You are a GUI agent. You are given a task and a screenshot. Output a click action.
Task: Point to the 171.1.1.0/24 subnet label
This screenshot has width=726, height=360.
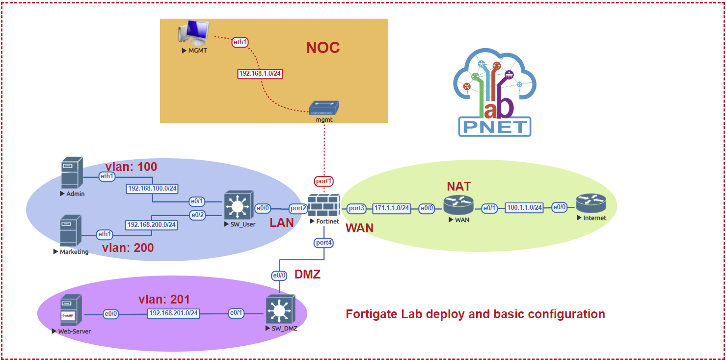point(392,208)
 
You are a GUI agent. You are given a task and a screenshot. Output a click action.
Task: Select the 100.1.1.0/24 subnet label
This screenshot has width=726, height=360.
point(525,208)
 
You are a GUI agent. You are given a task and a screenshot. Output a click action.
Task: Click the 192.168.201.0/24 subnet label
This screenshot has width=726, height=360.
point(174,313)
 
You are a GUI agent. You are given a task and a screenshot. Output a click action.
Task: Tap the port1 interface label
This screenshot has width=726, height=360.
point(324,181)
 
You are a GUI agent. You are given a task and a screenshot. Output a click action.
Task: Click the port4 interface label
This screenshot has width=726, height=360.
point(324,243)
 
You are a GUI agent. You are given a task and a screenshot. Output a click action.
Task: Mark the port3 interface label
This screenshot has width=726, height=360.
point(357,208)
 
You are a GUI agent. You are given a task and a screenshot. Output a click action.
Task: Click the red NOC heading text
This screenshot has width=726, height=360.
point(323,48)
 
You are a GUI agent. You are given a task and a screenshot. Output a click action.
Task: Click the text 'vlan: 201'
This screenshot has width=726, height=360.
point(163,299)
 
